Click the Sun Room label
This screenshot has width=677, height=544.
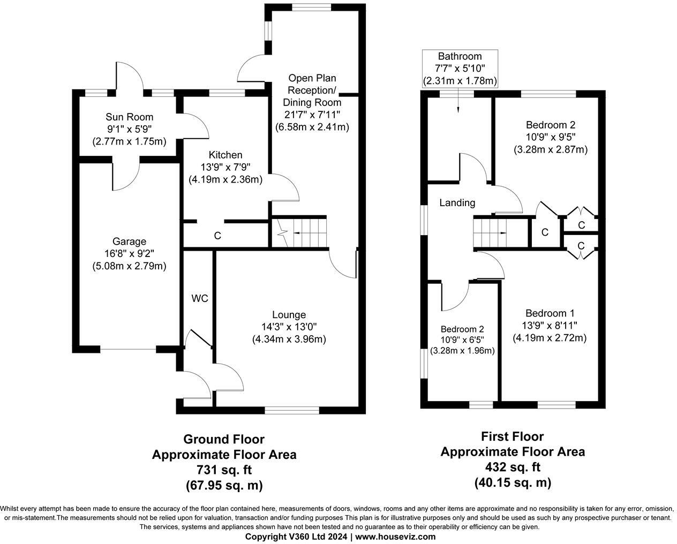click(129, 117)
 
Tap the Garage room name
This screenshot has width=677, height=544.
click(129, 242)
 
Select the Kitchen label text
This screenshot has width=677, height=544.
click(225, 155)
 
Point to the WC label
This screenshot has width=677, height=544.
click(200, 298)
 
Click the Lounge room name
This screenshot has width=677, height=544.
click(289, 315)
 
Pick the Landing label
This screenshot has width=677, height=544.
click(457, 203)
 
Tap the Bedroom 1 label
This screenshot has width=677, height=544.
click(550, 313)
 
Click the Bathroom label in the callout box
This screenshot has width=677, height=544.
click(460, 57)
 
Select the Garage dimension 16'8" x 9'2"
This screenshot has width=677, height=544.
click(129, 254)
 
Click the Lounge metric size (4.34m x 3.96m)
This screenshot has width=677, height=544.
click(289, 339)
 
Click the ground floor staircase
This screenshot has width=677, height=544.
click(303, 232)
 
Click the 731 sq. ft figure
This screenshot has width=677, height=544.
click(224, 470)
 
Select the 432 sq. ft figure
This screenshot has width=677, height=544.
click(513, 467)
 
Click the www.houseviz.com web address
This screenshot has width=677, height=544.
click(395, 537)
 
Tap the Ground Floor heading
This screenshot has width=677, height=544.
click(224, 440)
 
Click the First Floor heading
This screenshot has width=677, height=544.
click(513, 437)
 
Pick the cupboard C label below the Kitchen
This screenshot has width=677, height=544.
click(217, 236)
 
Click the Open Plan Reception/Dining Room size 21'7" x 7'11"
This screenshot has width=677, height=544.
click(312, 115)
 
